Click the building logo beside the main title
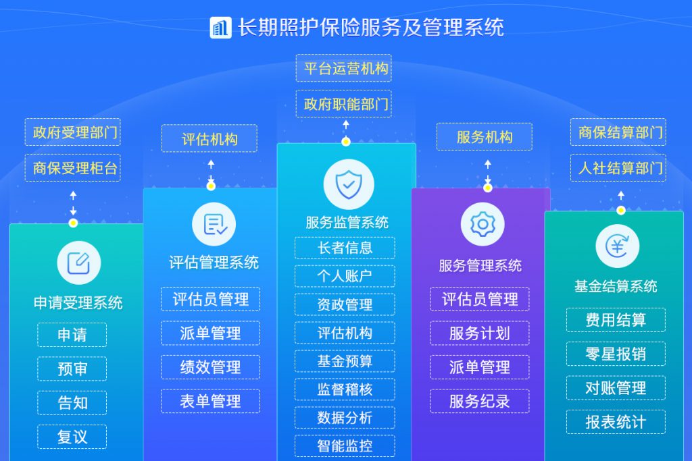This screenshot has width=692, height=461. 220,28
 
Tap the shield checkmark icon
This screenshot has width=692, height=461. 349,184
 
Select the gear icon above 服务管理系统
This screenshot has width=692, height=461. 483,224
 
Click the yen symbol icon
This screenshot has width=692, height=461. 618,246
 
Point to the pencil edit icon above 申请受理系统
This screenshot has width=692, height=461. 79,263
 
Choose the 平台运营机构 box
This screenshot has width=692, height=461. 344,68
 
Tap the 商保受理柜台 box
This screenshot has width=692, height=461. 73,168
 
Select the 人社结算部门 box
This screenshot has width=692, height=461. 618,168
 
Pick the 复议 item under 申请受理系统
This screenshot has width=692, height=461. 72,437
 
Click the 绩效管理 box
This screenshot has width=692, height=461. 211,367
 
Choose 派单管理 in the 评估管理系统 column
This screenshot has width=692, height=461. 211,333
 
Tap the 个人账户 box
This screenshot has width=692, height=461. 345,276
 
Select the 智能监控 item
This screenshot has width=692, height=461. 345,445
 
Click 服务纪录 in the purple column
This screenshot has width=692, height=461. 480,401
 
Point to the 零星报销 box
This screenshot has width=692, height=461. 616,354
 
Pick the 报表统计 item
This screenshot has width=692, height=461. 616,422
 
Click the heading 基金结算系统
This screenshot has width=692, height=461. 616,286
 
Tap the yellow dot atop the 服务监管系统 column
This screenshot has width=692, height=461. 346,142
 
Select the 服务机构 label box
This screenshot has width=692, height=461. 485,136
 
